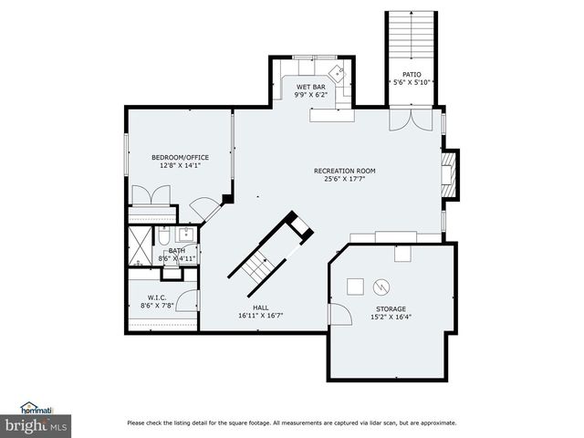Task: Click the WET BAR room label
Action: point(309,87)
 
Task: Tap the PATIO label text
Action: point(412,74)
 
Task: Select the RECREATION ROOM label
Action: point(344,171)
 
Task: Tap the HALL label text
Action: point(261,308)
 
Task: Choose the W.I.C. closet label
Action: point(156,297)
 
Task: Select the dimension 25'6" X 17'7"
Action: point(344,179)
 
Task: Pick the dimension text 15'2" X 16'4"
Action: point(391,318)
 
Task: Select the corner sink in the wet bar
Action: point(336,72)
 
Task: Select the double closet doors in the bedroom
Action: point(151,196)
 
